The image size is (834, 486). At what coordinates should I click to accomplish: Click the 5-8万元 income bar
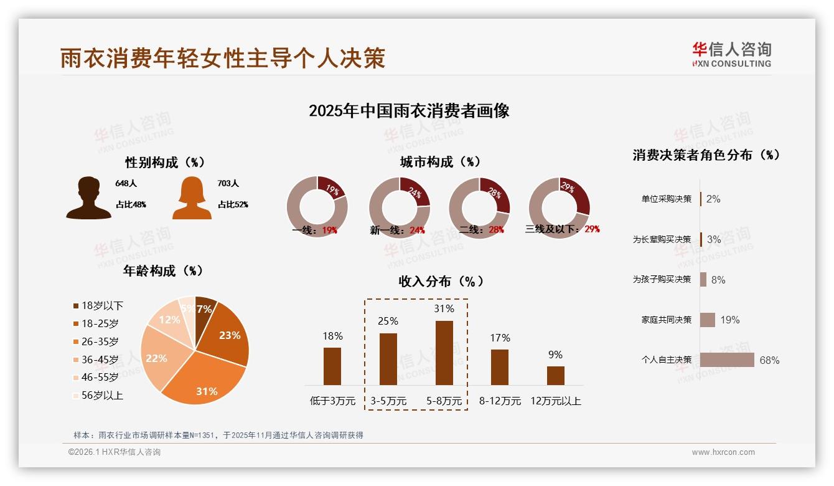point(444,353)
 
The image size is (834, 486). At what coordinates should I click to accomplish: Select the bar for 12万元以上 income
point(555,375)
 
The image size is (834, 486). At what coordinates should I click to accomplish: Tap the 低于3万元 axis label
point(332,401)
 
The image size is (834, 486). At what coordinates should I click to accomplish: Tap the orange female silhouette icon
point(192,198)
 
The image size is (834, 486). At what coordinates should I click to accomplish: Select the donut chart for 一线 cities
point(317,207)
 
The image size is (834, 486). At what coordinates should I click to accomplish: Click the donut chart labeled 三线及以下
point(558,207)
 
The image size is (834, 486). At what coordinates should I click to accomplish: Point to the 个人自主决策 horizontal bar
point(726,360)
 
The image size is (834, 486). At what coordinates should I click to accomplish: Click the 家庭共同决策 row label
point(667,320)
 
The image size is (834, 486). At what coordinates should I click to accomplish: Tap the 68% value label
point(769,360)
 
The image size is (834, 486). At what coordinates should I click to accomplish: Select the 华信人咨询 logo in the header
point(731,55)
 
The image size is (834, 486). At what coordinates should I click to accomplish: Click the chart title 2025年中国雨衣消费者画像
point(409,111)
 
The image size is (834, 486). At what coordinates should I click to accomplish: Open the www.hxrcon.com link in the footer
point(723,452)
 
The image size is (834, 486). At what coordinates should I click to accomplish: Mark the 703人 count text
point(228,184)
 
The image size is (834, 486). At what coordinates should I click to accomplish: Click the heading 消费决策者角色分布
point(706,155)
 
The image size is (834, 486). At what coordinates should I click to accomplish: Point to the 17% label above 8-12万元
point(500,338)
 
